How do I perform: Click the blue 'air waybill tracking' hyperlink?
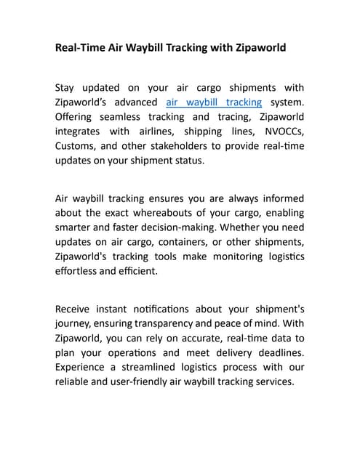coord(214,102)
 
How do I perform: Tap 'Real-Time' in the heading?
coord(81,49)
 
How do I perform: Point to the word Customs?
coord(76,146)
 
